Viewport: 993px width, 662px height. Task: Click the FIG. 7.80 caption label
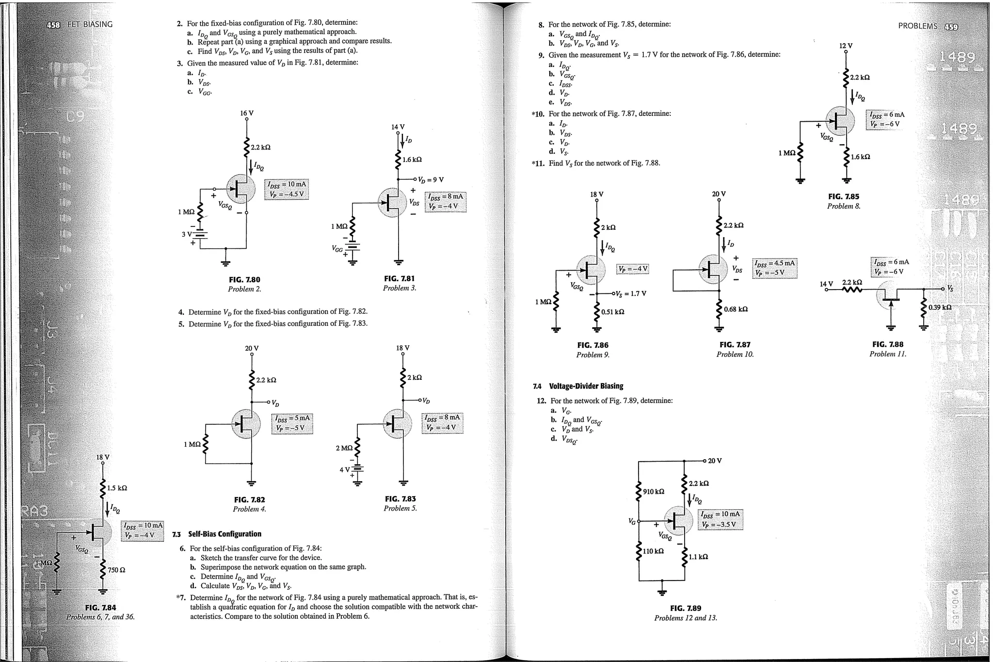click(244, 280)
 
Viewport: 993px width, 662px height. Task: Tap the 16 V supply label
click(247, 113)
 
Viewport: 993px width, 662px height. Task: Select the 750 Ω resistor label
click(116, 570)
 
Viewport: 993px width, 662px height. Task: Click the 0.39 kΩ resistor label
click(940, 307)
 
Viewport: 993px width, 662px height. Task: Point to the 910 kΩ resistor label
click(653, 491)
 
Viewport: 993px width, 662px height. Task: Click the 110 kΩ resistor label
click(653, 551)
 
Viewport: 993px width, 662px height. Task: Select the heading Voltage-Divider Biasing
click(586, 386)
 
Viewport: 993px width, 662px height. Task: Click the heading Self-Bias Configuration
click(224, 534)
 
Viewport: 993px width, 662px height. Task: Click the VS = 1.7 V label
click(631, 294)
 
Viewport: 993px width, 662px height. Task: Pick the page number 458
click(53, 24)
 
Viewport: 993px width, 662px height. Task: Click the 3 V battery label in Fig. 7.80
click(187, 234)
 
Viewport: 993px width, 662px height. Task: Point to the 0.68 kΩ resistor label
click(736, 309)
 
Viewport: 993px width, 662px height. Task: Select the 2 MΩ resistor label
click(344, 448)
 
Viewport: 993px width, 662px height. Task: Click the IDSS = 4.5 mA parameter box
click(775, 268)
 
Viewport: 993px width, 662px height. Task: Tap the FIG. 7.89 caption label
click(685, 608)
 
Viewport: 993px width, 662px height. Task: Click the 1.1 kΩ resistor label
click(698, 557)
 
